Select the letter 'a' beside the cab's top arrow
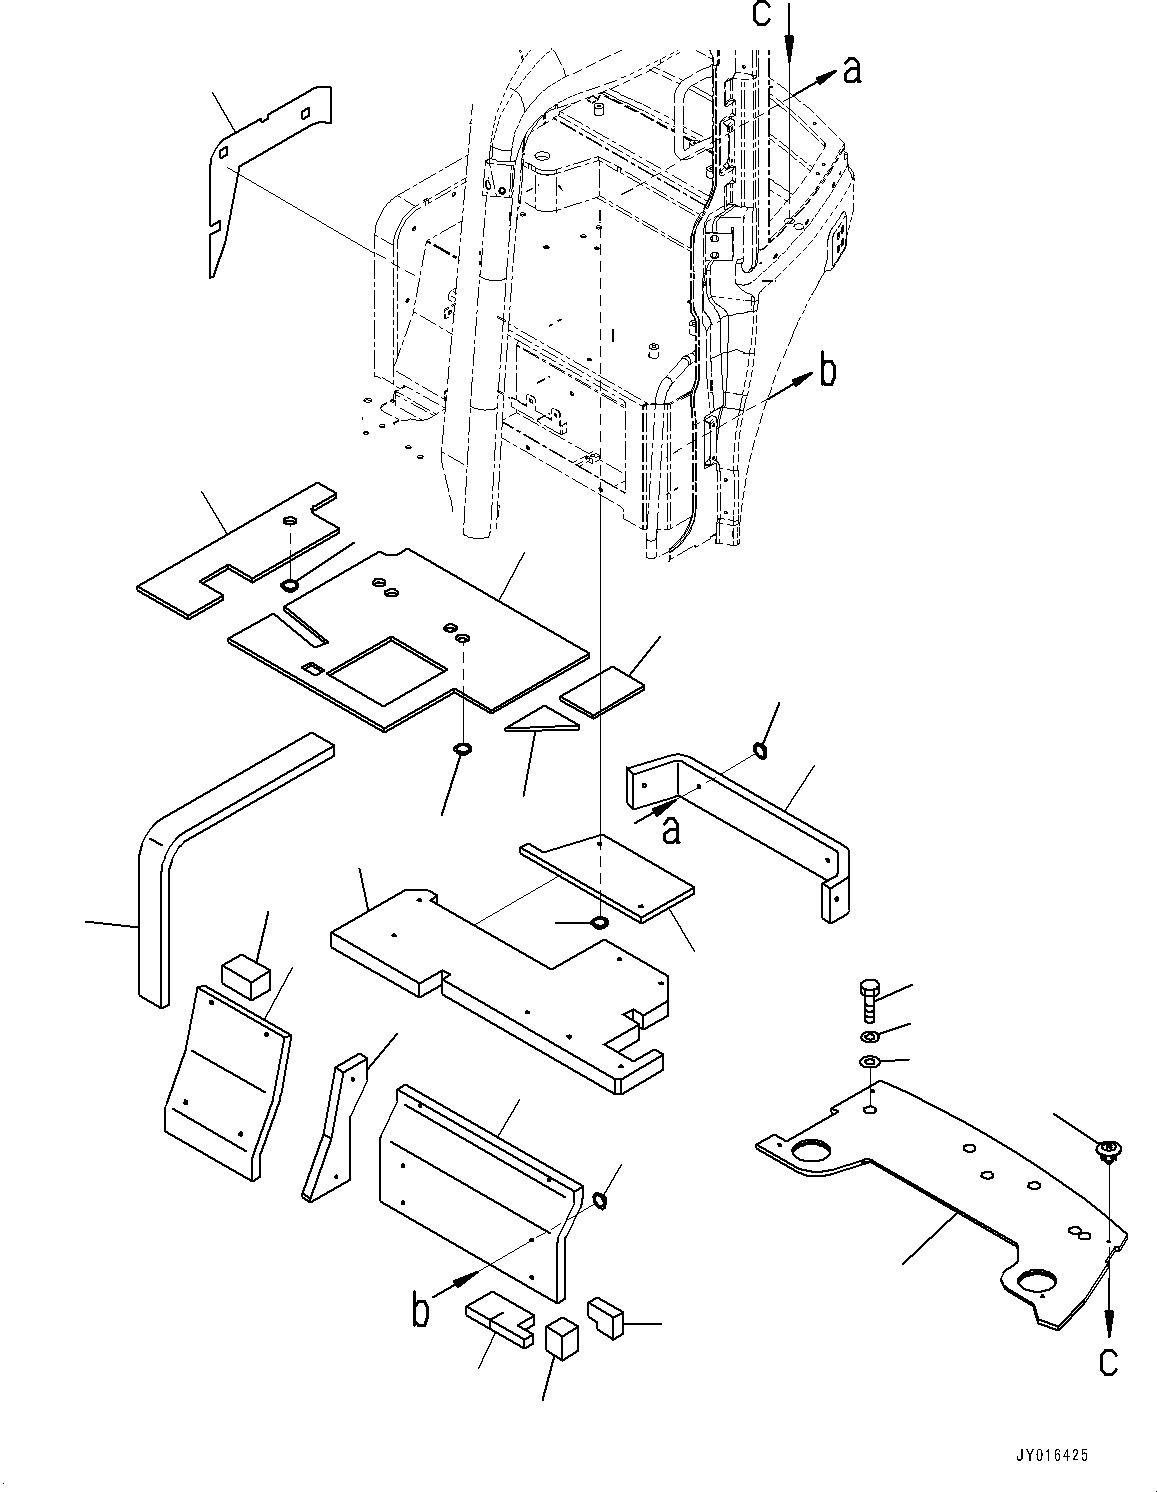coord(852,69)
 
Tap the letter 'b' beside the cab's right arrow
coord(828,371)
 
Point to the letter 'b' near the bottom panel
coord(422,1310)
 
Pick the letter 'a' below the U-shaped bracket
coord(672,829)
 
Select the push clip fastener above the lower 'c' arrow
coord(1108,1150)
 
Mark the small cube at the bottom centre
coord(563,1339)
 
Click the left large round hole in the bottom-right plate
coord(811,1156)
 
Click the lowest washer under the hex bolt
coord(868,1061)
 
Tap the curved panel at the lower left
coord(225,1080)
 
